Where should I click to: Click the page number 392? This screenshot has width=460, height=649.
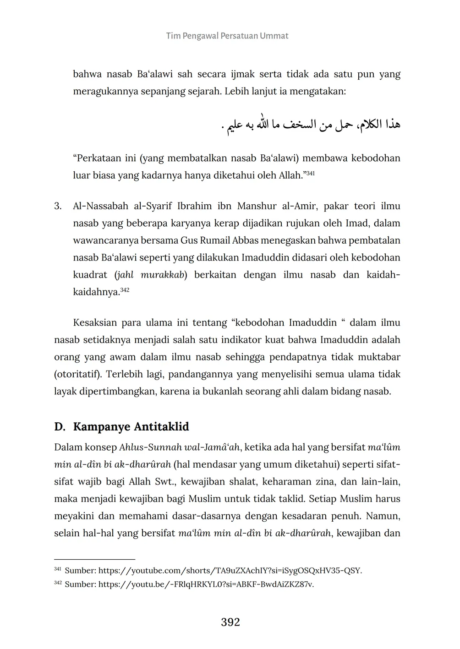click(230, 622)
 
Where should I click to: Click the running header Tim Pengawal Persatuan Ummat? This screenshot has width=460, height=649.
click(227, 36)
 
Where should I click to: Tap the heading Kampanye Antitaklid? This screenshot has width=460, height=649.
click(131, 427)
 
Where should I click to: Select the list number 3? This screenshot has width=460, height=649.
click(58, 206)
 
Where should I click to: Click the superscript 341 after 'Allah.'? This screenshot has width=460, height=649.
click(311, 173)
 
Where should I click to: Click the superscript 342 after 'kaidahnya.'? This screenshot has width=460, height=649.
click(125, 290)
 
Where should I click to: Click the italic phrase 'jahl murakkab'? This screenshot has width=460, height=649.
click(151, 275)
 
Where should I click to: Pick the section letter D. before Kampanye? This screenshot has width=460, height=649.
click(60, 427)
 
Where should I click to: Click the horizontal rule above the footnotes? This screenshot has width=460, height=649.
click(94, 559)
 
